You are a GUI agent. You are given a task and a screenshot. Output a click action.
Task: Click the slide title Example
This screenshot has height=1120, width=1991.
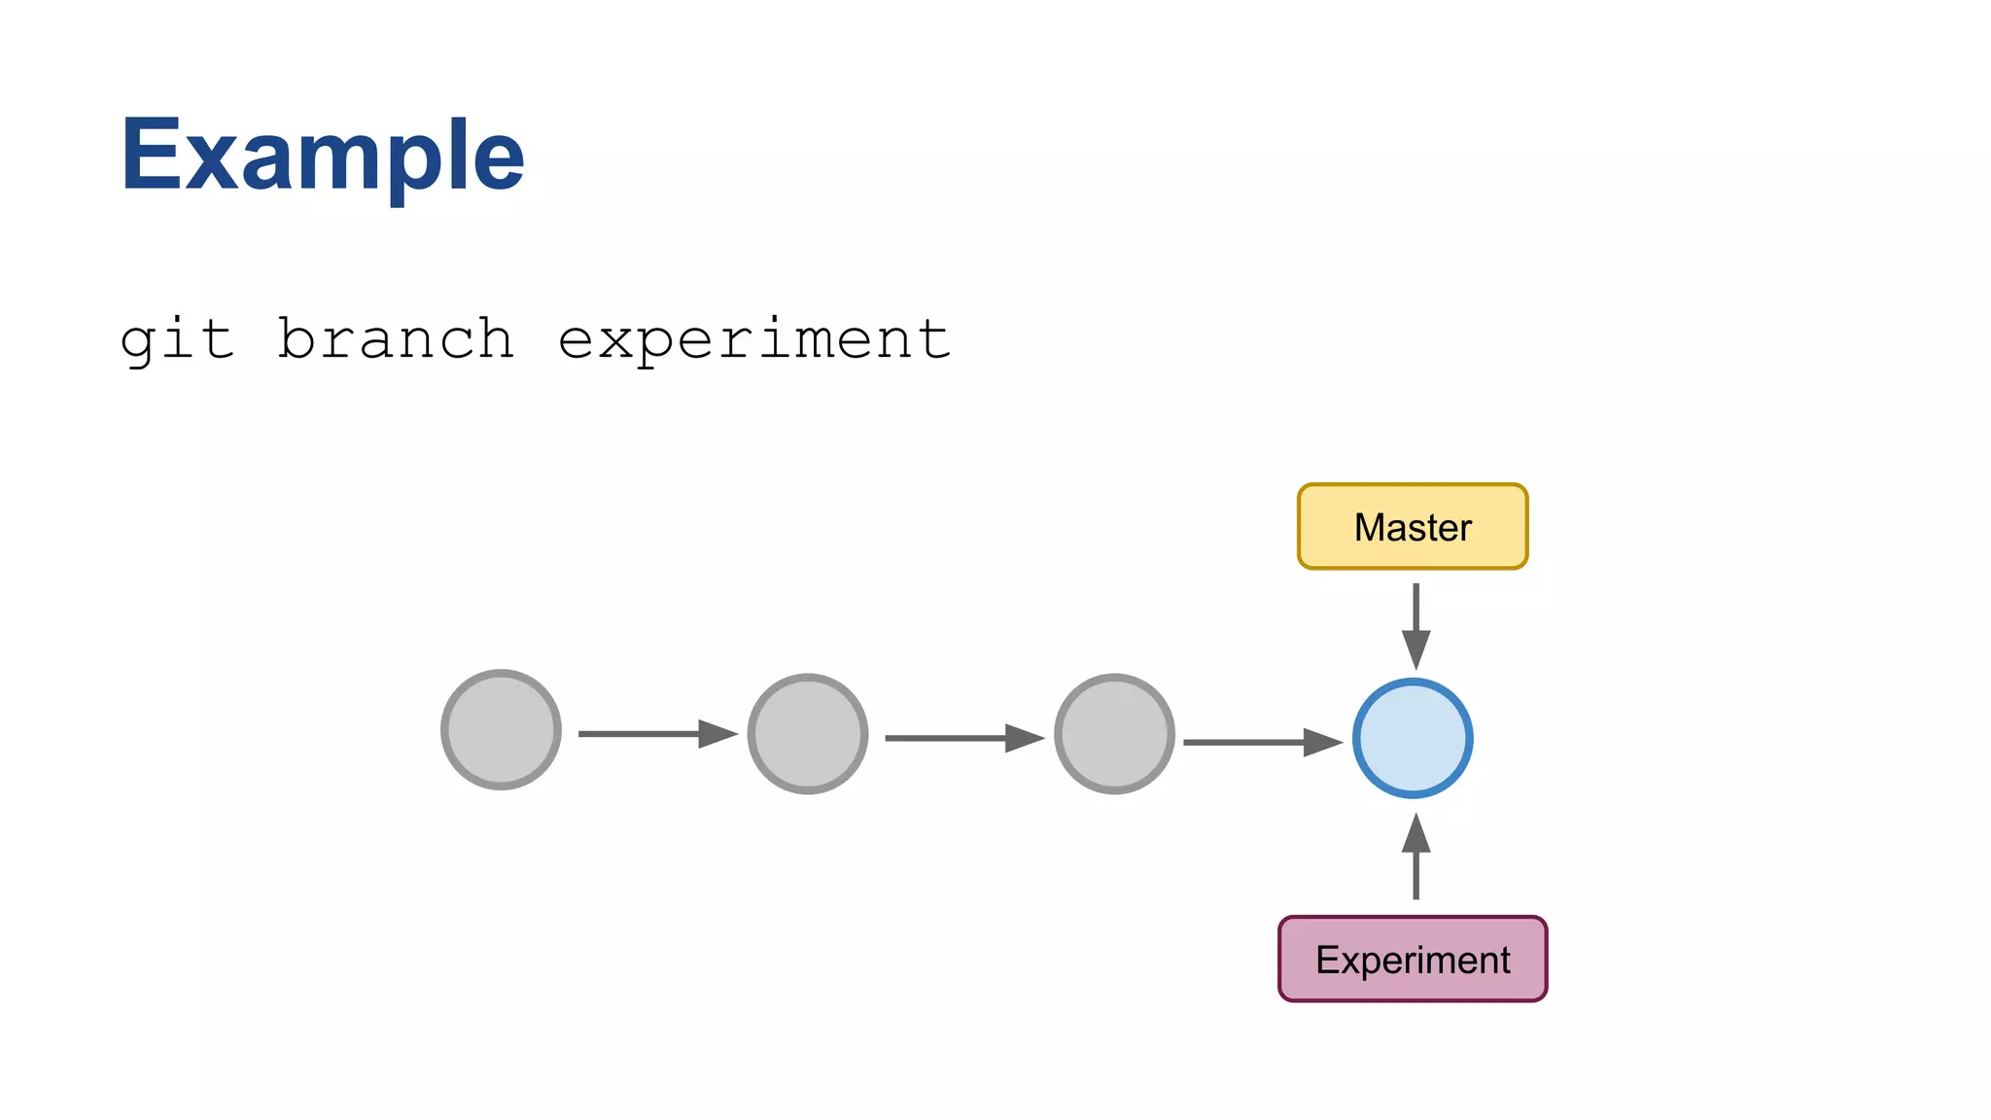point(322,156)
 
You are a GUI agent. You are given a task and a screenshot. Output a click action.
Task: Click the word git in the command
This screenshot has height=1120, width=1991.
point(177,340)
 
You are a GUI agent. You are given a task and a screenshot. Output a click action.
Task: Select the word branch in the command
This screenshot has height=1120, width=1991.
point(396,340)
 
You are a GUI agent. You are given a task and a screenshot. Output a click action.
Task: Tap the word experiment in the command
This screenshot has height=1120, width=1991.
point(754,340)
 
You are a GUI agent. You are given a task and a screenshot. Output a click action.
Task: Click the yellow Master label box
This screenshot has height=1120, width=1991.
point(1413,527)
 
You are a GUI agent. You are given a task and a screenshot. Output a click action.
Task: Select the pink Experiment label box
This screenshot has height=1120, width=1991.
point(1413,959)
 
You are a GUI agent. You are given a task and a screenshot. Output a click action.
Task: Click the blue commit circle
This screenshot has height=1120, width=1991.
point(1413,739)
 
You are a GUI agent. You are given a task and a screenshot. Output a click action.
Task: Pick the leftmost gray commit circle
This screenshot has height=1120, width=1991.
point(501,729)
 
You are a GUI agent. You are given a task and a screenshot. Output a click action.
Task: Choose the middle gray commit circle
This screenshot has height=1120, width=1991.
point(808,734)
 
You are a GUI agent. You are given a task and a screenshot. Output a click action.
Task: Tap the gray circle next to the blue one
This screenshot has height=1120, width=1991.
point(1114,734)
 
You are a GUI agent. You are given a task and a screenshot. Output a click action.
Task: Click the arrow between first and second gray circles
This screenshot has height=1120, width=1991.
point(656,733)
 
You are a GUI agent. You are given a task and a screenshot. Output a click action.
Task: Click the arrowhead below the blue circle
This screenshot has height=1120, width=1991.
point(1415,834)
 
